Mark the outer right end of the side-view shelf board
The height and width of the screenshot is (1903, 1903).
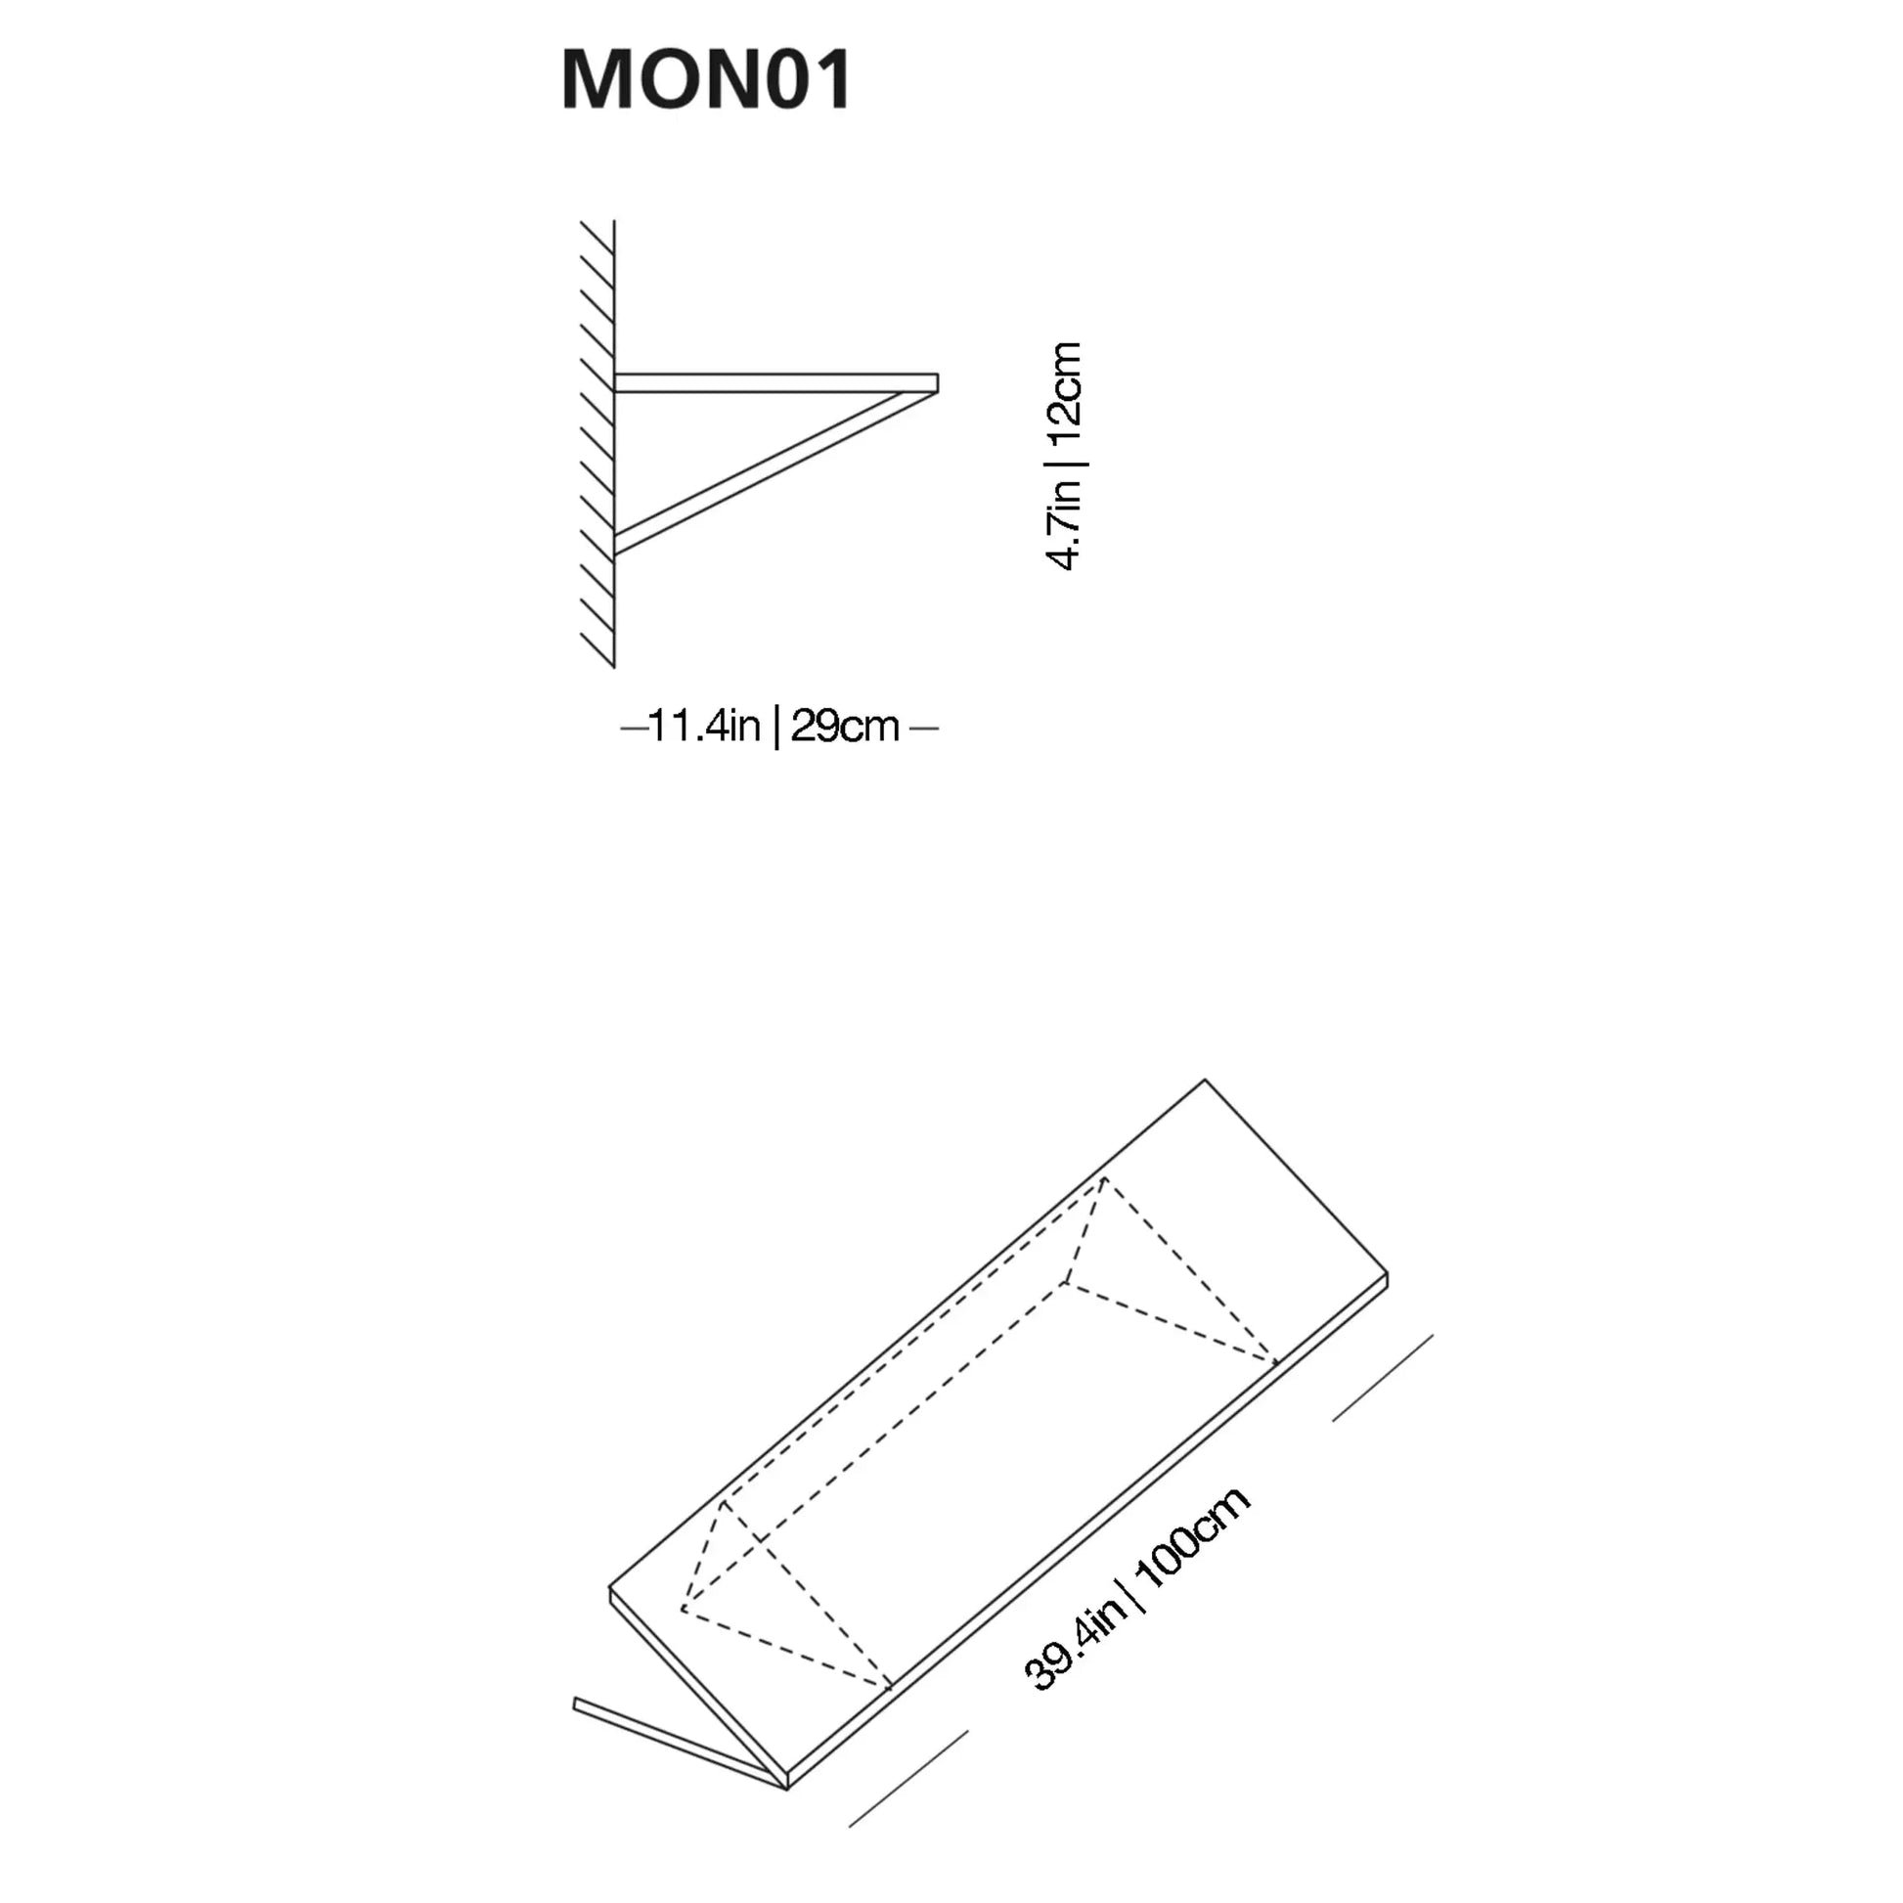click(x=937, y=383)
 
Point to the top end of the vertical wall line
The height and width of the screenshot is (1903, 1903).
click(x=615, y=221)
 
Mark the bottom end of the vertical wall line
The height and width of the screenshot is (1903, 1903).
click(x=615, y=667)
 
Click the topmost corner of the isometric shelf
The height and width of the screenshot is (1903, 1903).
click(x=1205, y=1080)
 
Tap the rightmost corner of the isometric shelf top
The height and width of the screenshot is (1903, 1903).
click(x=1387, y=1273)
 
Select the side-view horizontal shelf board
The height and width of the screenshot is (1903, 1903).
click(x=776, y=383)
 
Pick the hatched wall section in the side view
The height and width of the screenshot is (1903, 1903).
click(x=597, y=444)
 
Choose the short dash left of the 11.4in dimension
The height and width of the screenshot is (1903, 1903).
click(x=634, y=728)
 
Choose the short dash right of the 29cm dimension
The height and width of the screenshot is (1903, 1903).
click(x=924, y=728)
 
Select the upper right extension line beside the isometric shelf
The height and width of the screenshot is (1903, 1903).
click(x=1382, y=1378)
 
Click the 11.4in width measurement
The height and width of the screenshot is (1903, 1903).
click(x=704, y=727)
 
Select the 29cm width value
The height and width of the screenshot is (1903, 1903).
click(x=845, y=727)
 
